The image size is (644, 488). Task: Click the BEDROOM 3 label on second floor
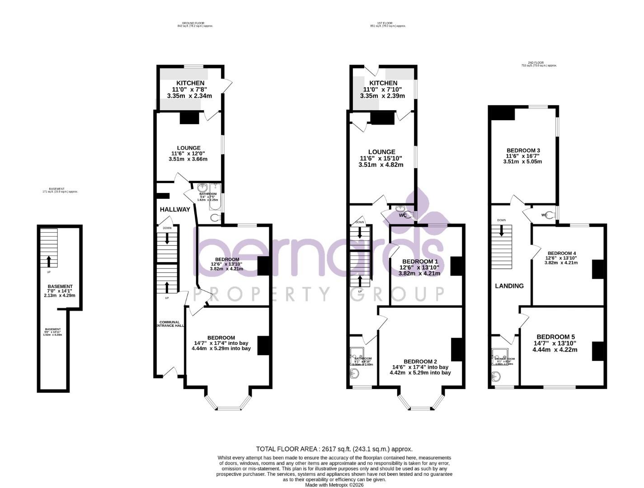tap(523, 150)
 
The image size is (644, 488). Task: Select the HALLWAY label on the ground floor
tap(175, 209)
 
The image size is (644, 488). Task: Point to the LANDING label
tap(509, 286)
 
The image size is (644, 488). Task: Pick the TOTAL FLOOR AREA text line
tap(334, 449)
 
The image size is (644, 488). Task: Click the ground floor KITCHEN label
tap(190, 83)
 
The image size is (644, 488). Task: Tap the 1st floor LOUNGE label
tap(381, 152)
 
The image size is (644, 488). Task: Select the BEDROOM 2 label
tap(420, 361)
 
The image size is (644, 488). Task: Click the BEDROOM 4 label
tap(561, 253)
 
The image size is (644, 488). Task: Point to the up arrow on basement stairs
tap(49, 261)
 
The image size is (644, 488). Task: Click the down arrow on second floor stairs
tap(502, 231)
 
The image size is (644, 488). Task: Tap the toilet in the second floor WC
tap(549, 216)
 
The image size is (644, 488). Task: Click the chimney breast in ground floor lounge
tap(189, 117)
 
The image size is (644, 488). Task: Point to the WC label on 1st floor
tap(403, 216)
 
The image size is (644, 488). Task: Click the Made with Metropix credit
tap(334, 485)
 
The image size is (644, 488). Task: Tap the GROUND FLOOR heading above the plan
tap(195, 23)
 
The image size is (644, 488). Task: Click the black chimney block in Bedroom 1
tap(457, 266)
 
